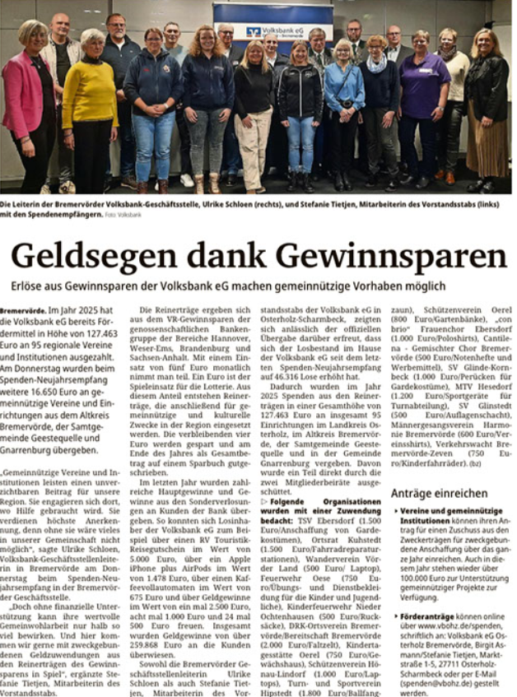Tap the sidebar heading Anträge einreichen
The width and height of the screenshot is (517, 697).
click(439, 493)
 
